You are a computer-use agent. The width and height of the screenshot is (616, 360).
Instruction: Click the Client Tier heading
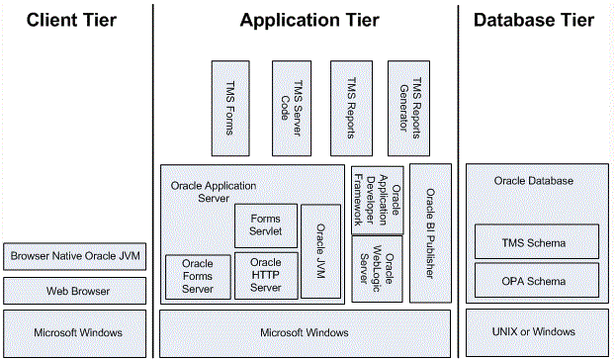[x=72, y=20]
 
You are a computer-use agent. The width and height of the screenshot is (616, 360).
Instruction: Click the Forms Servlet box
[x=265, y=225]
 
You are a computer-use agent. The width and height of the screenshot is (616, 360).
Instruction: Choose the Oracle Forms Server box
[x=197, y=277]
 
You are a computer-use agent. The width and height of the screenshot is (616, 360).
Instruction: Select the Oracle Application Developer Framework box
[x=377, y=198]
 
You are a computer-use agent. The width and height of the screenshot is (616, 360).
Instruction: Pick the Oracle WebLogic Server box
[x=377, y=268]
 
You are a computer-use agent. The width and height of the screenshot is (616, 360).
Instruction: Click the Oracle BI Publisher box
[x=430, y=233]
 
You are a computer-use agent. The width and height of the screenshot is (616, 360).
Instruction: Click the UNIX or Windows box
[x=536, y=331]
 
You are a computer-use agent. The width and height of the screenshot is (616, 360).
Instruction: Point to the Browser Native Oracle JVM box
[x=76, y=257]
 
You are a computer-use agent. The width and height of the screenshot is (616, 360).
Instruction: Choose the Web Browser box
[x=76, y=291]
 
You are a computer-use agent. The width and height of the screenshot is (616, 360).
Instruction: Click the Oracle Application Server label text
[x=212, y=192]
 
